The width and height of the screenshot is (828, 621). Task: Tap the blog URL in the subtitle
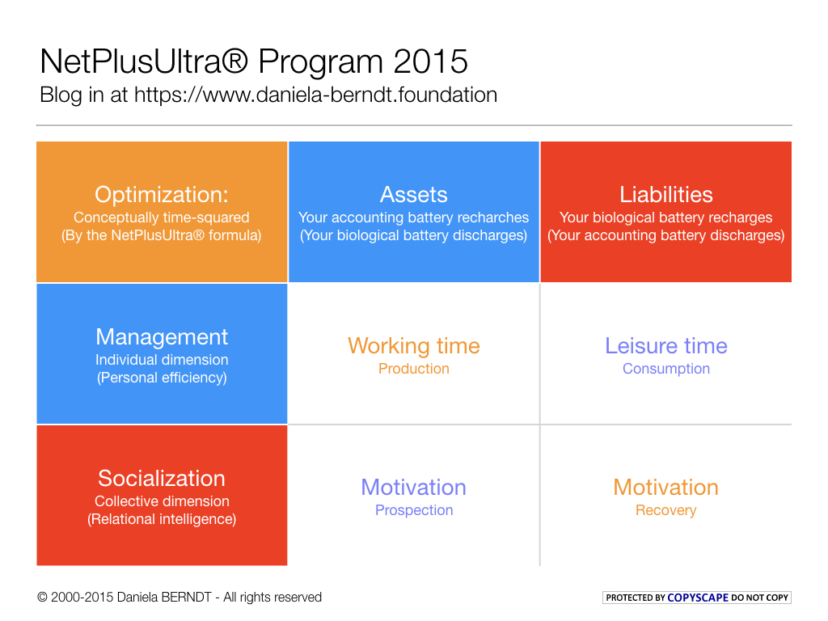pyautogui.click(x=315, y=95)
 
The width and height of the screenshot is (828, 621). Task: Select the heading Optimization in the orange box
pyautogui.click(x=162, y=195)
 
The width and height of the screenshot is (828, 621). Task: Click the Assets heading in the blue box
pyautogui.click(x=413, y=195)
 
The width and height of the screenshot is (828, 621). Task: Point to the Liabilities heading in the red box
pyautogui.click(x=665, y=195)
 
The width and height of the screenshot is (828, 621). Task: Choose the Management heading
pyautogui.click(x=162, y=337)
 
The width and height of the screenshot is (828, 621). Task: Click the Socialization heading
pyautogui.click(x=162, y=478)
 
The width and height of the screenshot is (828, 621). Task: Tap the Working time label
pyautogui.click(x=413, y=346)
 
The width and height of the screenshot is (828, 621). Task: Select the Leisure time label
pyautogui.click(x=665, y=346)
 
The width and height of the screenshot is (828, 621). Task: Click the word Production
pyautogui.click(x=413, y=369)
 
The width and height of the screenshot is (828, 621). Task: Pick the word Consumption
pyautogui.click(x=665, y=369)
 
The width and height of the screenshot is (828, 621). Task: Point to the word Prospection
pyautogui.click(x=413, y=510)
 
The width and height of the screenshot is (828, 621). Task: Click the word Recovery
pyautogui.click(x=665, y=510)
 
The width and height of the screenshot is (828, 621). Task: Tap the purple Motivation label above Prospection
pyautogui.click(x=413, y=488)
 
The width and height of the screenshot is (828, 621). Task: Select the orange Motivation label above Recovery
pyautogui.click(x=665, y=488)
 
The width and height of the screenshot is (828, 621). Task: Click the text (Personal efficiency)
pyautogui.click(x=162, y=378)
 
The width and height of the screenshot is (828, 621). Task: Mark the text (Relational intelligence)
pyautogui.click(x=162, y=519)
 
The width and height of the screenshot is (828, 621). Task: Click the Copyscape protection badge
pyautogui.click(x=697, y=598)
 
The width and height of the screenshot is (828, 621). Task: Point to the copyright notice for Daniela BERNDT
pyautogui.click(x=180, y=598)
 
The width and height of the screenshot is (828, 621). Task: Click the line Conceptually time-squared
pyautogui.click(x=162, y=218)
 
